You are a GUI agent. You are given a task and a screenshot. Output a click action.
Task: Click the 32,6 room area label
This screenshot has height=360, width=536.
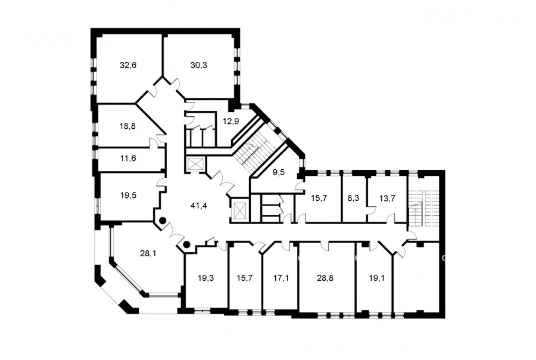(128, 65)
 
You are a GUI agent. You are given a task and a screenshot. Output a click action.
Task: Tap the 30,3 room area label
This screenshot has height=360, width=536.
(198, 65)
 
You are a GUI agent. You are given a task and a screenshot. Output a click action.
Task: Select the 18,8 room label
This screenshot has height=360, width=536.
(127, 126)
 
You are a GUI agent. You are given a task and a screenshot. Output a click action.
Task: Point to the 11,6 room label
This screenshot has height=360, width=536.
(128, 159)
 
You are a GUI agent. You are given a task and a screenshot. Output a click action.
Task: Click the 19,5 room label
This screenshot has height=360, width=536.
(128, 195)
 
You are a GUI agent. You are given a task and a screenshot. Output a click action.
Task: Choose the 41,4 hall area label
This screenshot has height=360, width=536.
(199, 206)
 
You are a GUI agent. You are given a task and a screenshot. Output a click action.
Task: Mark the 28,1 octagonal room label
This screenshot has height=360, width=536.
(148, 253)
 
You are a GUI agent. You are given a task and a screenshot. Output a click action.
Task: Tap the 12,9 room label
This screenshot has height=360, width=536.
(230, 121)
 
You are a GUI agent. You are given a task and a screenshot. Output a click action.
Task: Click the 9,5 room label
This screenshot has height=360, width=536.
(279, 172)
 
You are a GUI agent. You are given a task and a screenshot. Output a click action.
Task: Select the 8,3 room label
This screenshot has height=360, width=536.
(353, 198)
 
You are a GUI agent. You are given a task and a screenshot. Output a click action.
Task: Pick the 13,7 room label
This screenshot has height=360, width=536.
(387, 198)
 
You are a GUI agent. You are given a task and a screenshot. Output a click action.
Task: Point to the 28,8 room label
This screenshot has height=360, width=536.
(325, 278)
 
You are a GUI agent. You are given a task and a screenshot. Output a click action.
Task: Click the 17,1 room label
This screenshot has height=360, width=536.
(281, 278)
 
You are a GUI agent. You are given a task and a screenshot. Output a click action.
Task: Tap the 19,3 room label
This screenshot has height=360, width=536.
(206, 278)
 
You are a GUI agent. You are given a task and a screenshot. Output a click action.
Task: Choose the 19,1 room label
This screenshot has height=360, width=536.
(377, 278)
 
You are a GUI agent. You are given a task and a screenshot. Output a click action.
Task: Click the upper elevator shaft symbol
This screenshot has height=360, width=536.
(195, 165)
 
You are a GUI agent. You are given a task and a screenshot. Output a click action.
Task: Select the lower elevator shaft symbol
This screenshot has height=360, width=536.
(239, 210)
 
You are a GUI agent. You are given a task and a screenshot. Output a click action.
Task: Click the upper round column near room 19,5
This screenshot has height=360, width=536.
(163, 221)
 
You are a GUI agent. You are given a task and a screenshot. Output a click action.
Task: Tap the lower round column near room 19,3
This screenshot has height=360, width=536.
(186, 244)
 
